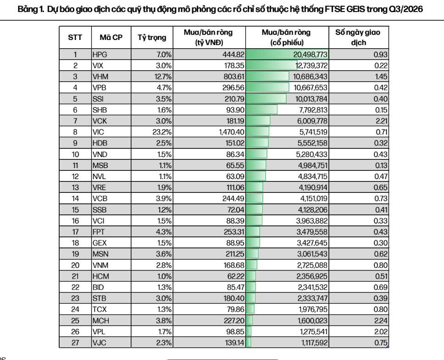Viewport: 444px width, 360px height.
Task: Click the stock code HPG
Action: coord(100,55)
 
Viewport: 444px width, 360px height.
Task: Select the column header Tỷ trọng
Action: coord(152,38)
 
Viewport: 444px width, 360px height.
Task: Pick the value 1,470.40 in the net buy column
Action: coord(232,132)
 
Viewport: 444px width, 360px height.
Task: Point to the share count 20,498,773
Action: coord(311,55)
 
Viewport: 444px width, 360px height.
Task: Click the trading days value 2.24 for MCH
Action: coord(381,321)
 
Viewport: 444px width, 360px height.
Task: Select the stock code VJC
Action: coord(100,343)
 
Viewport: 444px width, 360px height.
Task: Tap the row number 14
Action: coord(75,198)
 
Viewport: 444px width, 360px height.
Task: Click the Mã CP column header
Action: coord(111,37)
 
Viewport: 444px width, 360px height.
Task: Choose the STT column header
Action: coord(75,37)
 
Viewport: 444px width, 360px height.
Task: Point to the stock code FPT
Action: coord(99,232)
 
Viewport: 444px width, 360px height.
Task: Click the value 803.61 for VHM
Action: coord(233,77)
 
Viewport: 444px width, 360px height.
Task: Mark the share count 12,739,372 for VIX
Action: coord(311,66)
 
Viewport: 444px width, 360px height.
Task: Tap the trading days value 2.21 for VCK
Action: coord(382,121)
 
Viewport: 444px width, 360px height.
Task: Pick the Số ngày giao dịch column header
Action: coord(358,37)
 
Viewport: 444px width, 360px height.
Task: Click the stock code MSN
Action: coord(100,254)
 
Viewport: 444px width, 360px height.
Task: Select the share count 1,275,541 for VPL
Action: coord(313,332)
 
